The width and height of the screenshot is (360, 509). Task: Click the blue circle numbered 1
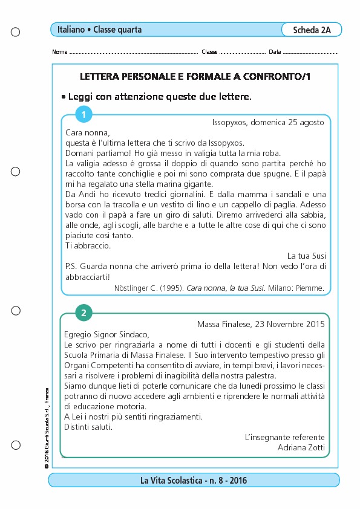[x=83, y=114]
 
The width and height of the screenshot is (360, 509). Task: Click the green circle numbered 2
[x=83, y=313]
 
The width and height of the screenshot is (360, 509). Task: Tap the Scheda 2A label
[x=312, y=30]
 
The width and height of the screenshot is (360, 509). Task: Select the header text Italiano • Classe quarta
[x=100, y=29]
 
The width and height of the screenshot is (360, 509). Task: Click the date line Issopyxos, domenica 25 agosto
[x=268, y=122]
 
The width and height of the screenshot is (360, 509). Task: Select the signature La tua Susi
[x=306, y=256]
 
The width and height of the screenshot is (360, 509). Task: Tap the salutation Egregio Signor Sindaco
[x=105, y=334]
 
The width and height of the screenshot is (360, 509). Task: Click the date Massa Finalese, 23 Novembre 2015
[x=261, y=324]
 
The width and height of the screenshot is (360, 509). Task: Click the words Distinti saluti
[x=88, y=427]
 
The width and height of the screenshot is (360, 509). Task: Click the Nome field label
[x=60, y=52]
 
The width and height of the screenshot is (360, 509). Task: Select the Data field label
[x=274, y=52]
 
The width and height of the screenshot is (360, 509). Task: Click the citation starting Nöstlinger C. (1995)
[x=219, y=288]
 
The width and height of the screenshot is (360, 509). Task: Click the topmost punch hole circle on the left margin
[x=16, y=31]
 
